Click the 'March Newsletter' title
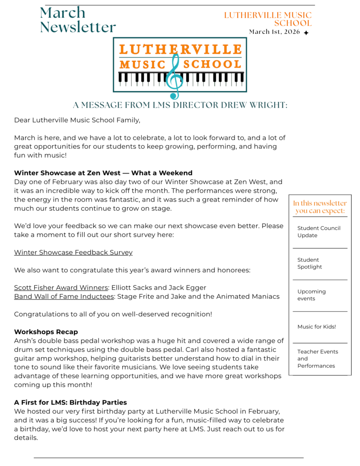click(x=77, y=20)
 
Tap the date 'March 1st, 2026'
click(x=274, y=32)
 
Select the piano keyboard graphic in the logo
click(x=137, y=79)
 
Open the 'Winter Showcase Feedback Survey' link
click(x=73, y=252)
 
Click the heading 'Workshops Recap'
click(x=46, y=332)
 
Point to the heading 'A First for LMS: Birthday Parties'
click(x=70, y=402)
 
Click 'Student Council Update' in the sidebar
click(x=319, y=232)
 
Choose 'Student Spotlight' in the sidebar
click(x=309, y=263)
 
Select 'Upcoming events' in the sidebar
click(x=311, y=295)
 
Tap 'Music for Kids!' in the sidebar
click(x=316, y=327)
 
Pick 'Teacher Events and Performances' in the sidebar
click(x=318, y=359)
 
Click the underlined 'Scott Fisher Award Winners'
click(x=61, y=288)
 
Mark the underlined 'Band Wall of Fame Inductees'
click(x=64, y=297)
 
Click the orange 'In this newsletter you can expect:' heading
click(x=319, y=207)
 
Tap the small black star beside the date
click(x=306, y=33)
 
